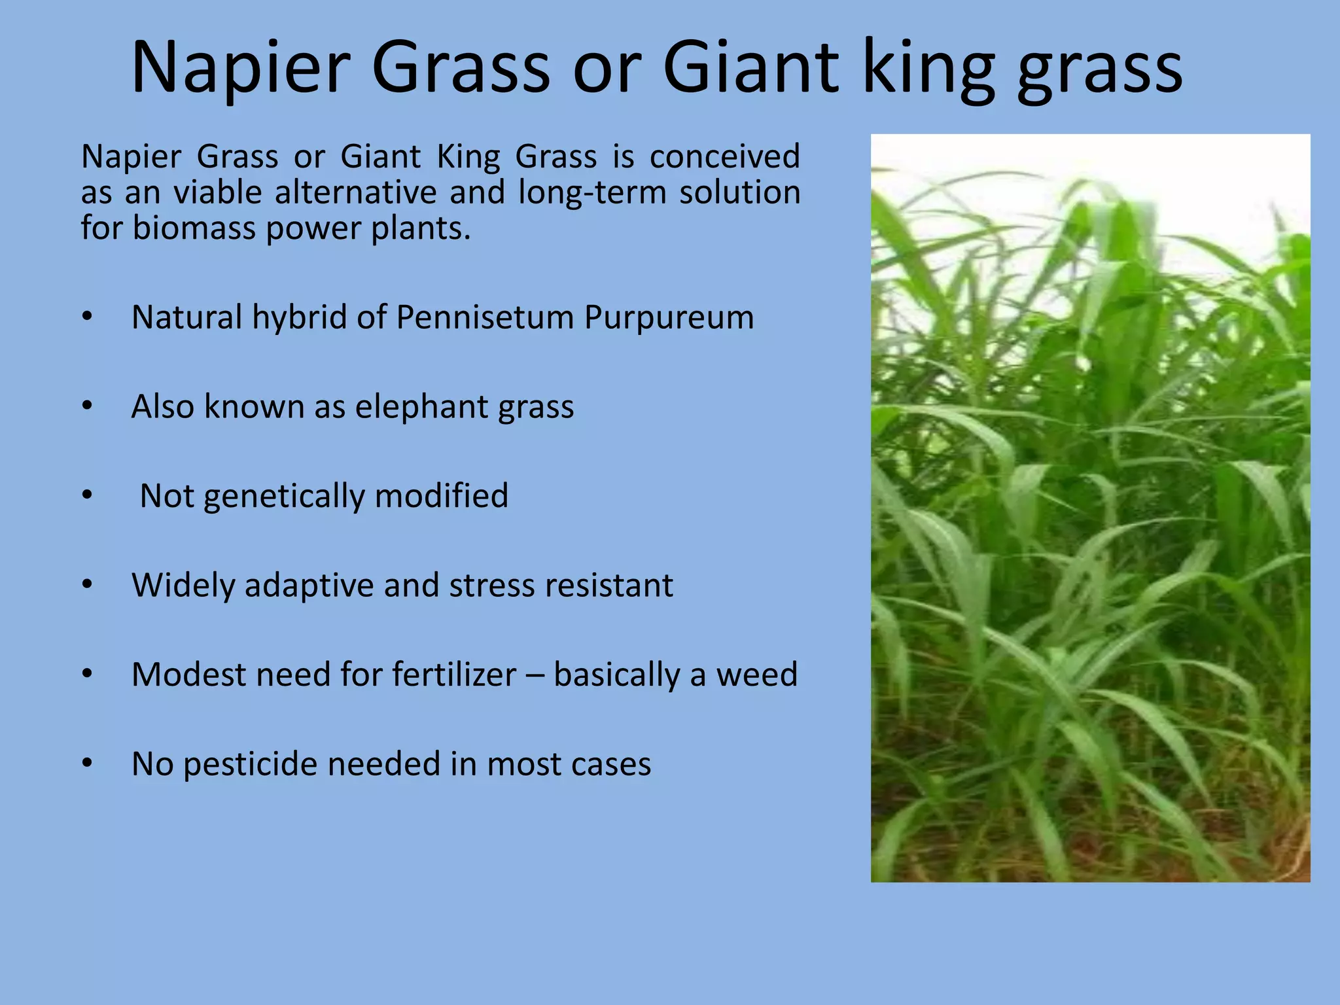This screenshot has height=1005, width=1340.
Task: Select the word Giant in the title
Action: click(x=750, y=67)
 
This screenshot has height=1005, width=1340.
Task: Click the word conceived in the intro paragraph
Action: click(x=724, y=156)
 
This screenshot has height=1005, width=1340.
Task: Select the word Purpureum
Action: click(x=669, y=319)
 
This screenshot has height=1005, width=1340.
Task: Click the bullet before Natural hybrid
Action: click(x=88, y=317)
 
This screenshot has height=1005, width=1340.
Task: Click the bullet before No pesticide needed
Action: click(x=88, y=764)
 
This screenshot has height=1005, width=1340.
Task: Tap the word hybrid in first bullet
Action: click(x=300, y=319)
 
